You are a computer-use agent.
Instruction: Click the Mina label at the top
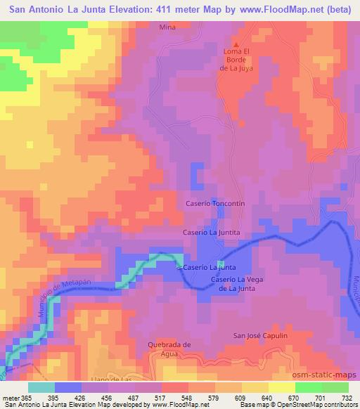coord(167,27)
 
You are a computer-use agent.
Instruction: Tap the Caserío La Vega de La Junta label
coord(236,284)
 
